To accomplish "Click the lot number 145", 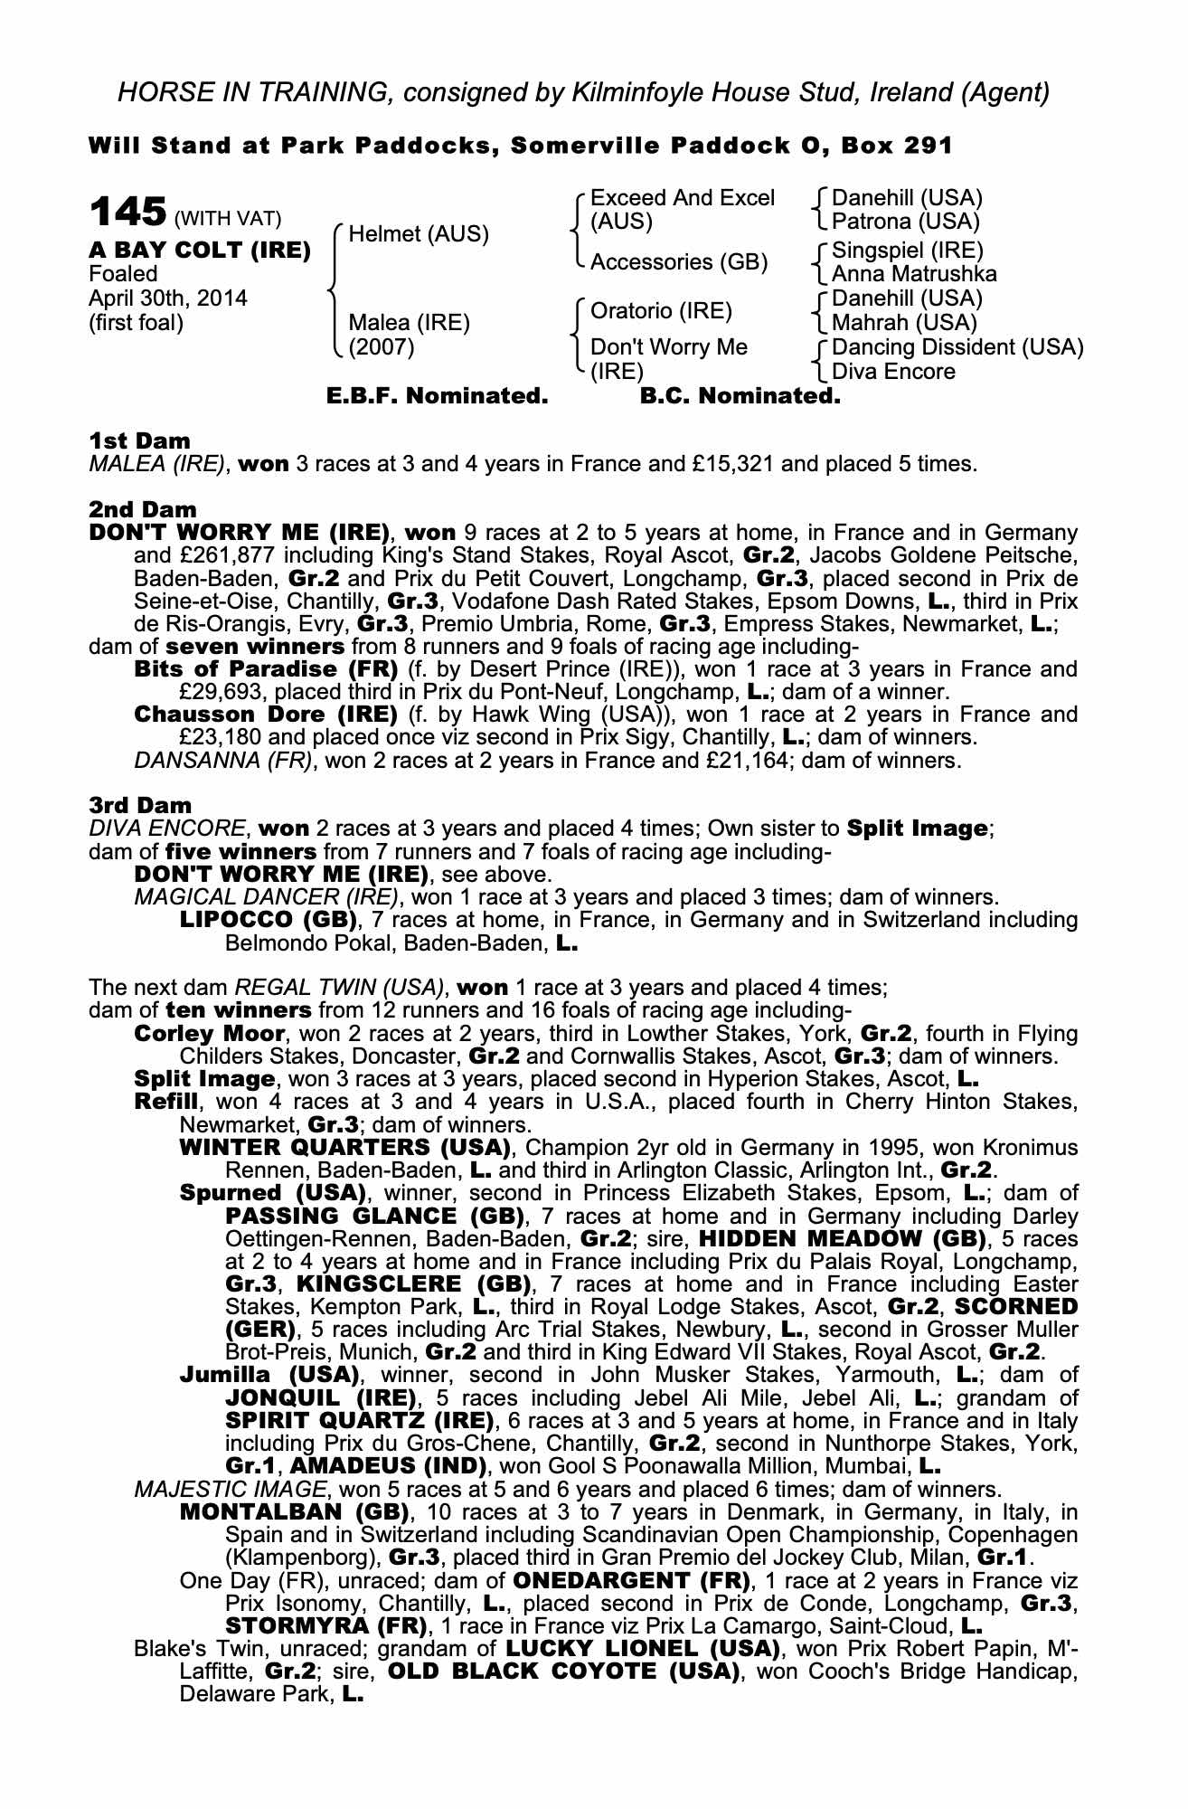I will (127, 213).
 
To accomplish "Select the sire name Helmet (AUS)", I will (418, 234).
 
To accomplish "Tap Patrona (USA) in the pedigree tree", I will (906, 221).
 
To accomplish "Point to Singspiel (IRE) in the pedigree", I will (907, 251).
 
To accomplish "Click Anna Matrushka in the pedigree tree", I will (914, 273).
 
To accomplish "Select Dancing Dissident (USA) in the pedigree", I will (957, 347).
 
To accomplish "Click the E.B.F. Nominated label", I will (437, 396).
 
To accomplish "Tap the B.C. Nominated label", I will (740, 396).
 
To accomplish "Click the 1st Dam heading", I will (140, 441).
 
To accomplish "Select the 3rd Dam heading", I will (141, 805).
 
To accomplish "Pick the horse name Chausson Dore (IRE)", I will (266, 715).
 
